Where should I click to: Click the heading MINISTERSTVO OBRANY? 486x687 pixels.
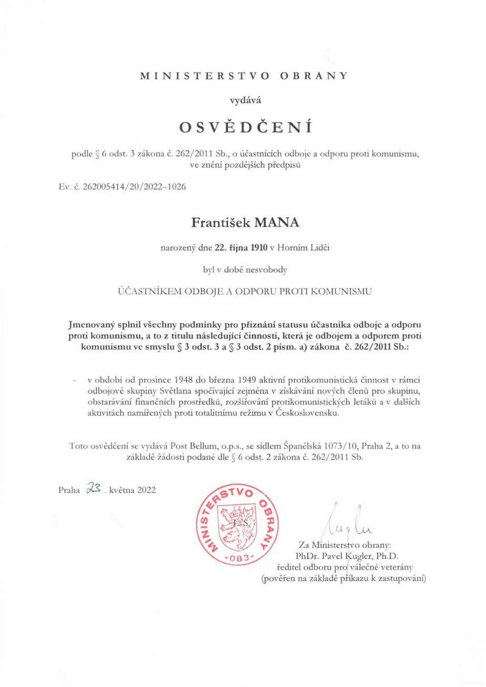point(244,75)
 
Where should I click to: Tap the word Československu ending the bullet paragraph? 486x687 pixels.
point(306,412)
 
